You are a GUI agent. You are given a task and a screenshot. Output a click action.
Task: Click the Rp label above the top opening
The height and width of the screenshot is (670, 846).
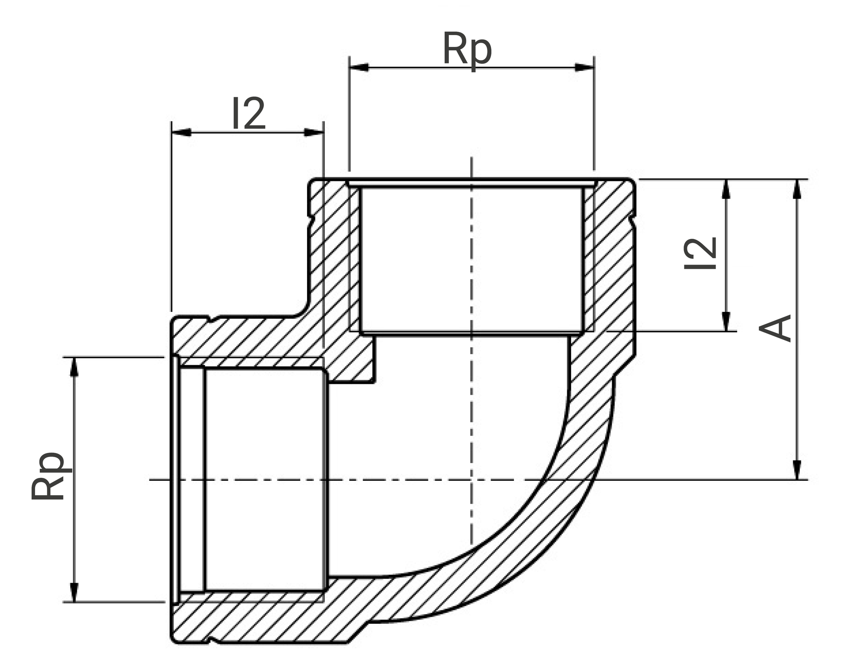[x=467, y=50]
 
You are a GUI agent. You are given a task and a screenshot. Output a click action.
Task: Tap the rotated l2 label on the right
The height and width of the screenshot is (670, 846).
[x=700, y=253]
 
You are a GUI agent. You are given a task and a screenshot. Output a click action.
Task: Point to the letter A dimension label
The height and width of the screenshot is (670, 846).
[x=775, y=328]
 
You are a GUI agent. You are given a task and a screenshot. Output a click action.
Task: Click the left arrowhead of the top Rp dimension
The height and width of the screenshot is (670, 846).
[x=359, y=68]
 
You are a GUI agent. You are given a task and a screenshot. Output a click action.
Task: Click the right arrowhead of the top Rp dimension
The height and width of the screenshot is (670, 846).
[x=585, y=68]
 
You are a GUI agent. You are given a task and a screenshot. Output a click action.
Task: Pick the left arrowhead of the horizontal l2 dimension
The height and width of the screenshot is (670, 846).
[x=181, y=132]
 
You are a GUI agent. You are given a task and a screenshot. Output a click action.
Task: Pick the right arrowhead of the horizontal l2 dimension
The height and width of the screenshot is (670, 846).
[x=314, y=132]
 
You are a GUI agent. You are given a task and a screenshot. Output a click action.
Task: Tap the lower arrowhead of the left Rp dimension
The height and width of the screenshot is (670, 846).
[x=74, y=592]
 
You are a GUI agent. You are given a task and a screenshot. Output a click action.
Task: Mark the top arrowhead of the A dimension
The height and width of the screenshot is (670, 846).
[x=797, y=189]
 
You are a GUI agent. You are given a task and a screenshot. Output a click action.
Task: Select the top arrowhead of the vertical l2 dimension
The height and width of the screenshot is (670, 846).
[x=726, y=189]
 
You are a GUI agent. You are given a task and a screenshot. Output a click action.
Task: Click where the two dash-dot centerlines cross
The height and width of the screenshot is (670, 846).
[x=471, y=480]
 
